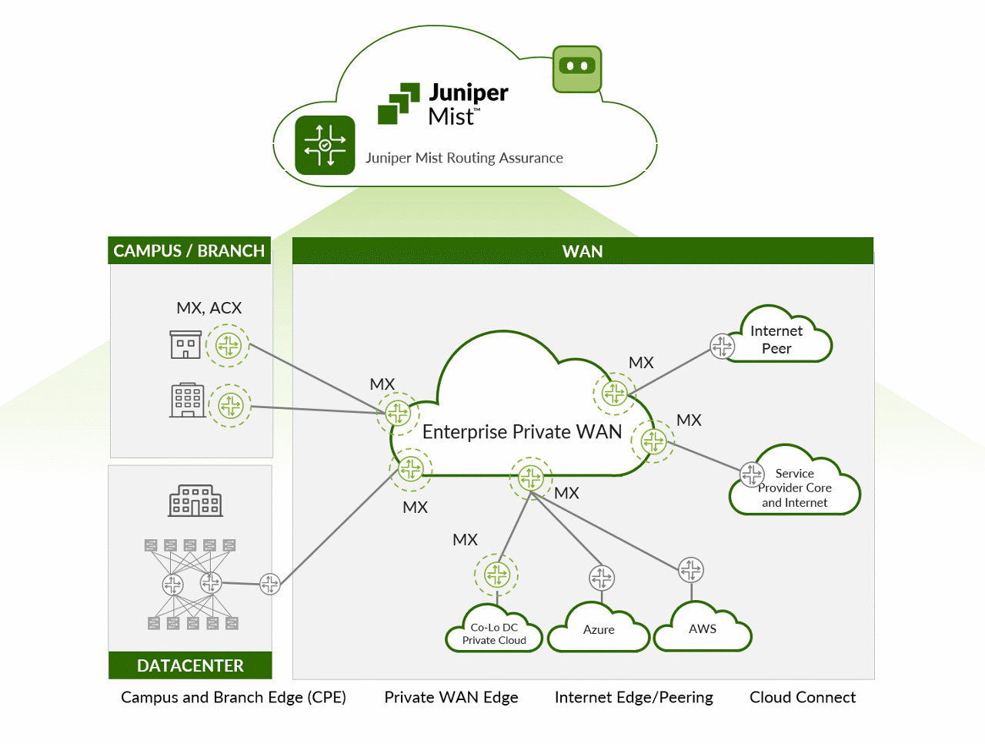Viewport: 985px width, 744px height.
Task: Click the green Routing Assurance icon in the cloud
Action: [x=325, y=145]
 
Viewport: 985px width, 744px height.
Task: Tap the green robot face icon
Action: [x=576, y=69]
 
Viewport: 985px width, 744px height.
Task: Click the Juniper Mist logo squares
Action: [x=399, y=104]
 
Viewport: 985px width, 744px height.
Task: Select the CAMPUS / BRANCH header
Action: [x=189, y=251]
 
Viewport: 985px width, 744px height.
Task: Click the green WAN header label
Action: [x=583, y=251]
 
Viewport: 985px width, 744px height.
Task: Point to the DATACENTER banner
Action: [x=190, y=665]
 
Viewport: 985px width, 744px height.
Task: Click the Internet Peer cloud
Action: [x=777, y=340]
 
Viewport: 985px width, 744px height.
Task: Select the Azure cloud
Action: [x=599, y=629]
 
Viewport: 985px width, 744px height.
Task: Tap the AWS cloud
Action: [x=703, y=628]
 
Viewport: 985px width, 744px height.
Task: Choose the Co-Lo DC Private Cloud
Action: [x=494, y=634]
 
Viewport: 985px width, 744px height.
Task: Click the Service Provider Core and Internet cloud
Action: [x=795, y=488]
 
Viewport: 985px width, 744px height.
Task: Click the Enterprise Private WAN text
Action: [x=522, y=432]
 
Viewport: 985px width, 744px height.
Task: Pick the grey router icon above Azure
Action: [x=602, y=577]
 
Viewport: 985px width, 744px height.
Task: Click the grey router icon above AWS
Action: [x=691, y=570]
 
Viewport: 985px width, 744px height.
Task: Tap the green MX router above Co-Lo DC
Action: [x=497, y=575]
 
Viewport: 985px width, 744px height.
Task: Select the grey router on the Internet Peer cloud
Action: [x=722, y=346]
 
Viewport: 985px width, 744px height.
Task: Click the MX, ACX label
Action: [x=209, y=308]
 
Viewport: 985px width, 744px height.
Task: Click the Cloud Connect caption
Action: [x=802, y=697]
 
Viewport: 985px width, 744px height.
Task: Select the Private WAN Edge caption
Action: [x=451, y=697]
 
